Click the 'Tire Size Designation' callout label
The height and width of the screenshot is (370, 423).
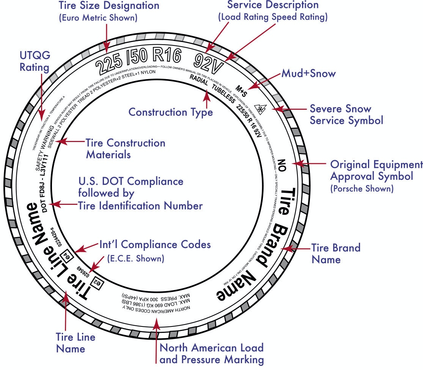click(109, 6)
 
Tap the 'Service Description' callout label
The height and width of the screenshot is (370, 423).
click(273, 5)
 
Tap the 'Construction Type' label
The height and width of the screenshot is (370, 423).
click(170, 112)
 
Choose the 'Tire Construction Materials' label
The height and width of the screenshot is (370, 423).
click(125, 149)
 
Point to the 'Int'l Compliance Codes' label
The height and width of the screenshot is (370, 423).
click(155, 245)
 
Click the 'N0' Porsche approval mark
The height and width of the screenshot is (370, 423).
click(281, 164)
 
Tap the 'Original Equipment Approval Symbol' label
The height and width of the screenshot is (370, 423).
click(376, 170)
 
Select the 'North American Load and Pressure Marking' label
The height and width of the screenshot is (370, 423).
click(211, 353)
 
